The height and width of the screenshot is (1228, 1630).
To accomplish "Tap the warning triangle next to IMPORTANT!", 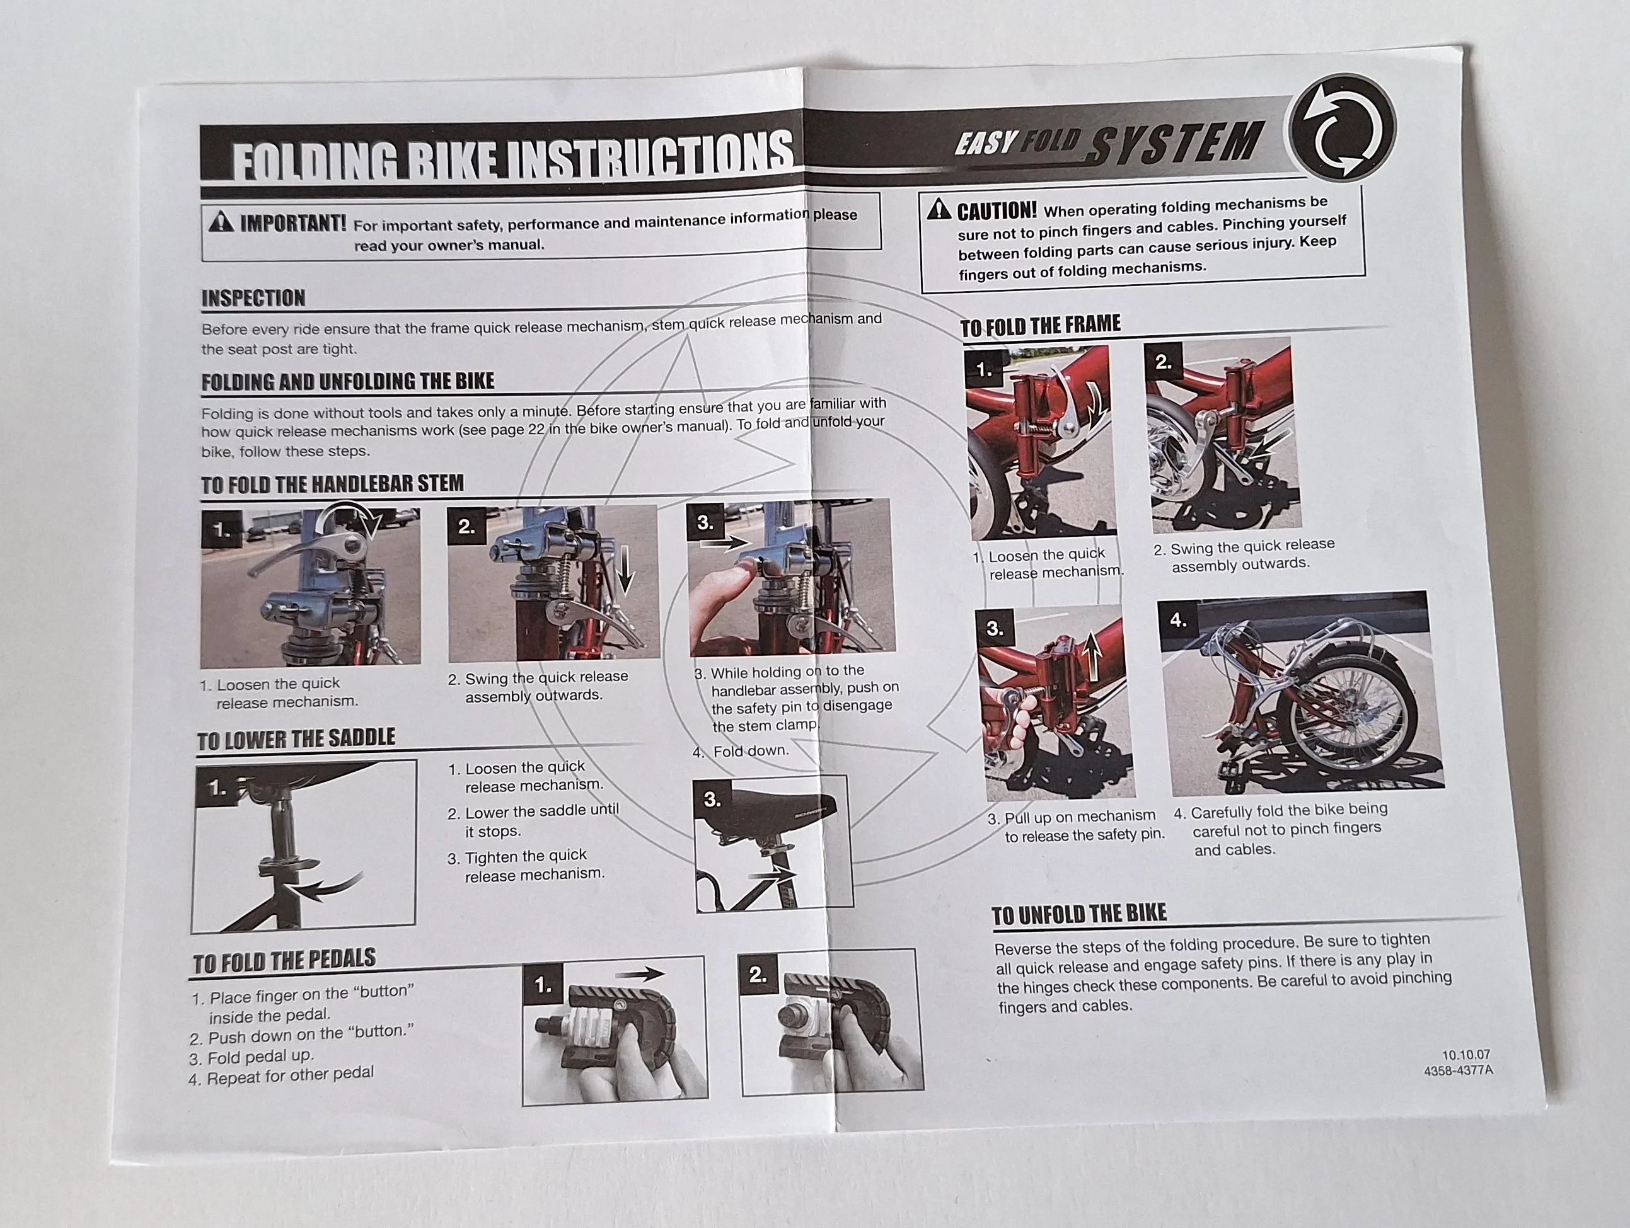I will coord(221,221).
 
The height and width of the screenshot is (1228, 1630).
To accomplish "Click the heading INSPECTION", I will coord(253,299).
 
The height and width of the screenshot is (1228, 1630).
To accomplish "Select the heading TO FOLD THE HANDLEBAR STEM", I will coord(332,484).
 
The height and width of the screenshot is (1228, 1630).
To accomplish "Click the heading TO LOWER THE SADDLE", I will coord(296,739).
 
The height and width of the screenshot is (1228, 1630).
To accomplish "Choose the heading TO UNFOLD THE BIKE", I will coord(1079,914).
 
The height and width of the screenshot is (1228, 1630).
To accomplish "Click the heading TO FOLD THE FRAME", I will coord(1040,325).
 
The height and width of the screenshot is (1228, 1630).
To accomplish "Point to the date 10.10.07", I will coord(1465,1055).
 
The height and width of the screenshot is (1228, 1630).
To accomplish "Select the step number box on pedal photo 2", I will coord(758,975).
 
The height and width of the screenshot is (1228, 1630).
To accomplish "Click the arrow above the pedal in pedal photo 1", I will coord(640,975).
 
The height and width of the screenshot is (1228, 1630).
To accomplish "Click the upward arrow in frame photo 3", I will coord(1093,657).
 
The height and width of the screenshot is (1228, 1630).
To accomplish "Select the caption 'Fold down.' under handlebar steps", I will coord(749,750).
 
